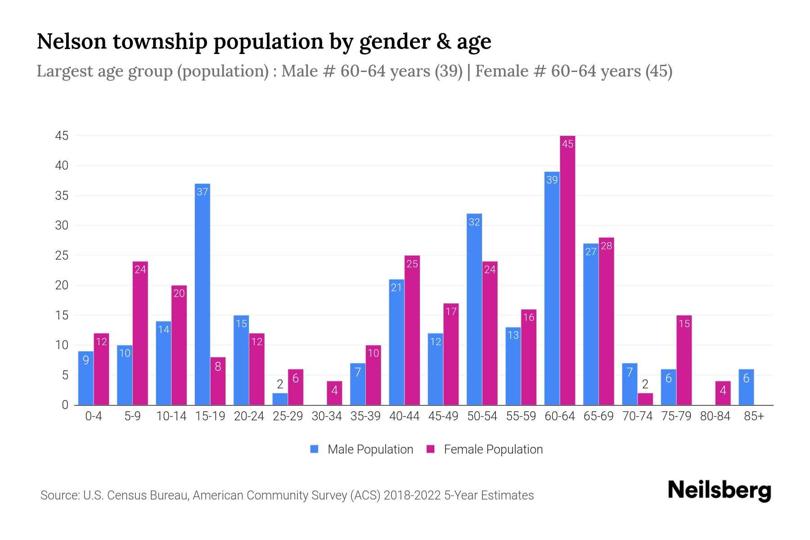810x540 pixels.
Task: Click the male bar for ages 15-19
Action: pos(202,295)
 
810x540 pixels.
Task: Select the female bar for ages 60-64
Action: pos(567,270)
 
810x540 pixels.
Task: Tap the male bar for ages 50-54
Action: pos(474,310)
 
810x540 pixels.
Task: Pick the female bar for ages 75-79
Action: pos(684,360)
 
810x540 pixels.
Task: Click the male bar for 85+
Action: pos(746,387)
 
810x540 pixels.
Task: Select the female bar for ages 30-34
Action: pos(334,393)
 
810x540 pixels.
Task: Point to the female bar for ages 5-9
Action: pos(140,333)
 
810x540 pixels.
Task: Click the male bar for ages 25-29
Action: pos(280,399)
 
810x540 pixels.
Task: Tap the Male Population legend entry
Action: pos(362,450)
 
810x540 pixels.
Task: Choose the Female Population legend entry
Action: pos(485,450)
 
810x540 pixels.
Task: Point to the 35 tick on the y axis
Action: pos(62,196)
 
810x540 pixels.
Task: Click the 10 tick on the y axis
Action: pos(62,345)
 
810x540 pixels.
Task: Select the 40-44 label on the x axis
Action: pos(404,416)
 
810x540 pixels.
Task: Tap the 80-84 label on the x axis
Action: pos(715,416)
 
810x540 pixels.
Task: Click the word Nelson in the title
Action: pos(71,41)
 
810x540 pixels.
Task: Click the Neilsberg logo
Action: pos(719,490)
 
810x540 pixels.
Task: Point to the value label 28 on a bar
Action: pos(606,246)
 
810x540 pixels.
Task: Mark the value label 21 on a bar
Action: pos(396,288)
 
